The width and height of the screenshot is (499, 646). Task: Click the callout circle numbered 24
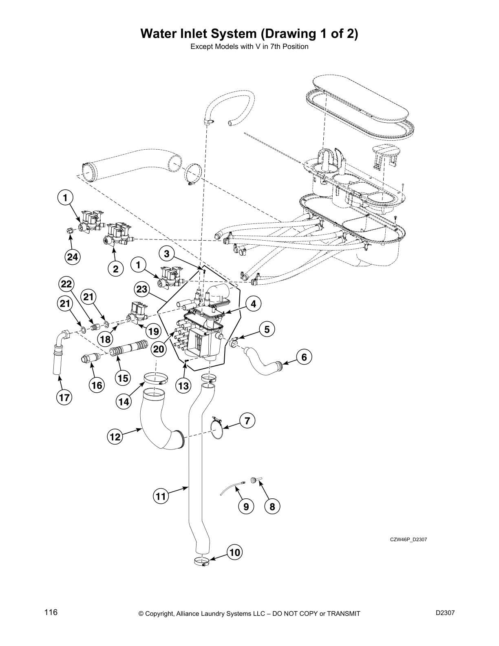[x=73, y=257]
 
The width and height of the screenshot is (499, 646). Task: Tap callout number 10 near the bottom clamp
[x=235, y=553]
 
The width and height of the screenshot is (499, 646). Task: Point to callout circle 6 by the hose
[x=304, y=357]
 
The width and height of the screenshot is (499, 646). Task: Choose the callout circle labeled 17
[x=64, y=397]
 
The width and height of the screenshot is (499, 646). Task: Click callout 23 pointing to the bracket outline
[x=141, y=289]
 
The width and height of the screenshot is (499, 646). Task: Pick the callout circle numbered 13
[x=184, y=385]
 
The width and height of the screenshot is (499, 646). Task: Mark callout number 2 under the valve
[x=115, y=269]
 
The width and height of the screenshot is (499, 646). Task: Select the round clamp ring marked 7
[x=218, y=430]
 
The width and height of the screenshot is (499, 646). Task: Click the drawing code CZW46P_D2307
[x=408, y=539]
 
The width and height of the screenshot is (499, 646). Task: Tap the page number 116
[x=51, y=612]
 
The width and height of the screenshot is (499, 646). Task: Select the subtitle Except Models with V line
[x=249, y=46]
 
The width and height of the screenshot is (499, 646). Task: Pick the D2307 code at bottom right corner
[x=445, y=613]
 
